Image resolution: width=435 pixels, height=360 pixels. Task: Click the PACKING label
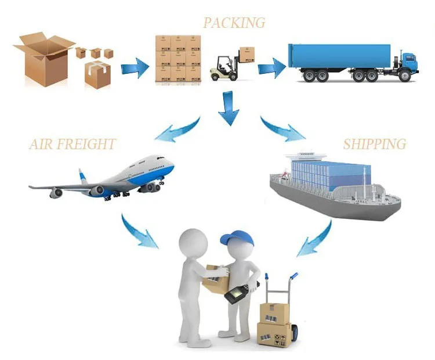tap(234, 23)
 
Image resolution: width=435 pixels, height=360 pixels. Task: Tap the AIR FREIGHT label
tap(72, 144)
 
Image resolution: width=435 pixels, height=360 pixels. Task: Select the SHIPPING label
tap(374, 144)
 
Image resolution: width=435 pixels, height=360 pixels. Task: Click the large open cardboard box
tap(43, 61)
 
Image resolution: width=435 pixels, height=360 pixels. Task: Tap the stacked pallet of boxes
tap(177, 58)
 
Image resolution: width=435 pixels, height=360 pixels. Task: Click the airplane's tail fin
tap(84, 176)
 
